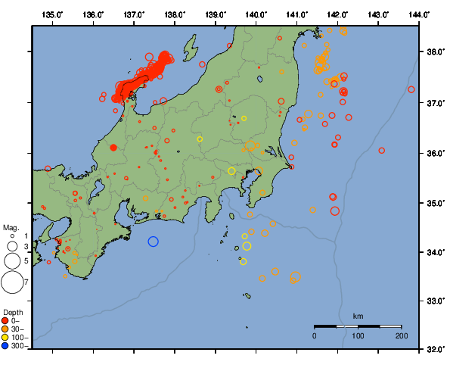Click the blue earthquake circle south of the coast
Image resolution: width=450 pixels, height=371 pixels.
click(x=153, y=242)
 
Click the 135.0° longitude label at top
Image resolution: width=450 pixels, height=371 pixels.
click(x=53, y=14)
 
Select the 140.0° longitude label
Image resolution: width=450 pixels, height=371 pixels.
click(x=256, y=14)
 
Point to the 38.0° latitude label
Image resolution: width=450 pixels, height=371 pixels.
click(x=434, y=52)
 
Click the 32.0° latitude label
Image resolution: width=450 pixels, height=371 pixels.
click(x=434, y=350)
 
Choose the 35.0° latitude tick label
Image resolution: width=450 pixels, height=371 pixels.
click(x=434, y=203)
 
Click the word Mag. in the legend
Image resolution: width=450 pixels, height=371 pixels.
click(x=10, y=227)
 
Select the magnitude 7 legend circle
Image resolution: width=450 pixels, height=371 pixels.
click(x=11, y=282)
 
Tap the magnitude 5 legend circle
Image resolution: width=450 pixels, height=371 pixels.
click(x=11, y=260)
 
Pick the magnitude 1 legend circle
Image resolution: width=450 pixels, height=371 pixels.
click(x=11, y=236)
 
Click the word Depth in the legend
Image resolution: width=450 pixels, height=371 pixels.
click(x=12, y=312)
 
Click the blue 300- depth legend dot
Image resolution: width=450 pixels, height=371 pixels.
click(x=5, y=346)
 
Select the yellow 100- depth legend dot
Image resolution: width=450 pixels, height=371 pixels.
click(x=5, y=337)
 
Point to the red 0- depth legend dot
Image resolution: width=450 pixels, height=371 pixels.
click(x=5, y=320)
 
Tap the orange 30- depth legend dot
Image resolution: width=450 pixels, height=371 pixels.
click(x=5, y=329)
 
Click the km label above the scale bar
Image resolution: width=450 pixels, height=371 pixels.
click(x=358, y=316)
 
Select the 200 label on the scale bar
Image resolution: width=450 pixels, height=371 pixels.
click(x=401, y=335)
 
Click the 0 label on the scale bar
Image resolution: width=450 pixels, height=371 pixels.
click(x=315, y=335)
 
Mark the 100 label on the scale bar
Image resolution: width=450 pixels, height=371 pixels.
click(x=358, y=335)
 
